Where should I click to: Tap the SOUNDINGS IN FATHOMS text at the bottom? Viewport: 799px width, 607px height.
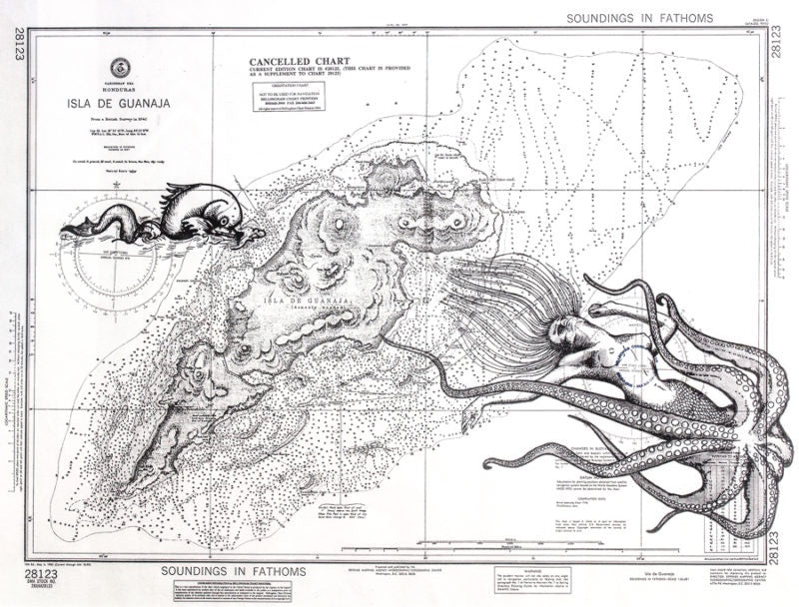pos(236,572)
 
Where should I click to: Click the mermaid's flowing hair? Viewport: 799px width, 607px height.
pos(489,300)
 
